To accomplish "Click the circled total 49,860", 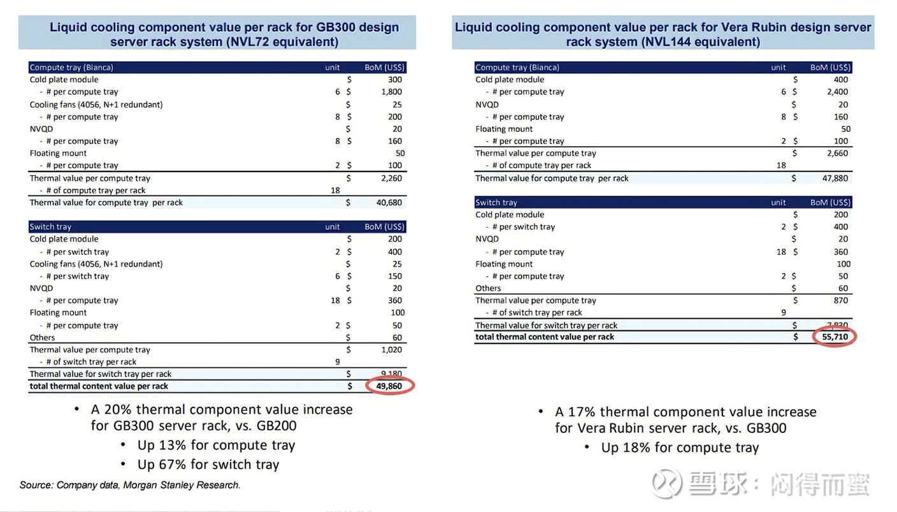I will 389,386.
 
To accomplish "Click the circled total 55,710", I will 835,337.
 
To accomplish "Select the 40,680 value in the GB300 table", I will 389,203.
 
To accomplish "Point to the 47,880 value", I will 835,179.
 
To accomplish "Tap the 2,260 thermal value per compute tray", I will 391,179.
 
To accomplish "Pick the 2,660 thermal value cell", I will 837,153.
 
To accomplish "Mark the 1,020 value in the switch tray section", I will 391,349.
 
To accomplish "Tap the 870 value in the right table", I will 841,300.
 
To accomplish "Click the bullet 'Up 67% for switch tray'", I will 208,464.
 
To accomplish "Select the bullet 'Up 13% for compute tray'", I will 216,445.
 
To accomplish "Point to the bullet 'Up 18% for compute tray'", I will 680,448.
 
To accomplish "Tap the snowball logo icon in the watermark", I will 666,483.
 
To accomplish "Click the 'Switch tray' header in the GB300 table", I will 50,227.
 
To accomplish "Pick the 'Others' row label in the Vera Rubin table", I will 488,288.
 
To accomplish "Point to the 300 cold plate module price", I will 395,80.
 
